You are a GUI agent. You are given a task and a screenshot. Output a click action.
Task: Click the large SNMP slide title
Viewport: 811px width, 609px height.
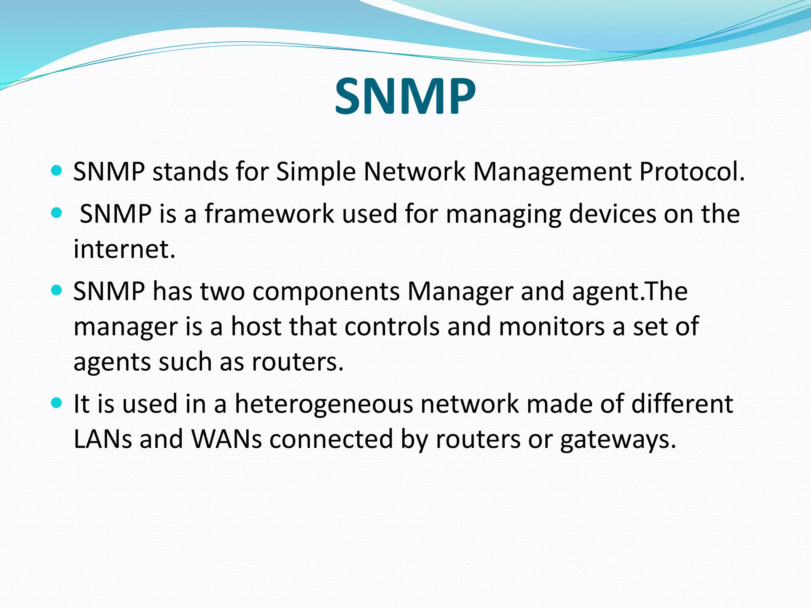point(405,96)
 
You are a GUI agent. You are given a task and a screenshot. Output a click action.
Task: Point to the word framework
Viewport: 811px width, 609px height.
point(269,214)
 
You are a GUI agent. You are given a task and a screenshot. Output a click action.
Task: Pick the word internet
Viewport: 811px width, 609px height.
point(124,249)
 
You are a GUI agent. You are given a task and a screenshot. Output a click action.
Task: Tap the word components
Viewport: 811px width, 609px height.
point(326,291)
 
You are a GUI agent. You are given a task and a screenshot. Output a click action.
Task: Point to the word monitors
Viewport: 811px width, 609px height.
point(552,326)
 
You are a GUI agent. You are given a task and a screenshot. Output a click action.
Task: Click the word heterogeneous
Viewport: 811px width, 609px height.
point(324,404)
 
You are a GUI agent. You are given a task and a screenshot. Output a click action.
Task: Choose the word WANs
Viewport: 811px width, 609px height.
point(227,439)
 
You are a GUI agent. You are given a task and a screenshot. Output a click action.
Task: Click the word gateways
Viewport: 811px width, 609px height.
point(618,440)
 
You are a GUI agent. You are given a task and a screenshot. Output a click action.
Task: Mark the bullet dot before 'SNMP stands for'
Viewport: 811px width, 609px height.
point(57,171)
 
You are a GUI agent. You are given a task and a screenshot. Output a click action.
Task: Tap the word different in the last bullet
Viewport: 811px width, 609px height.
point(682,404)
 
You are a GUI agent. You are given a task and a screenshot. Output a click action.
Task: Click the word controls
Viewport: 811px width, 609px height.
point(392,326)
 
